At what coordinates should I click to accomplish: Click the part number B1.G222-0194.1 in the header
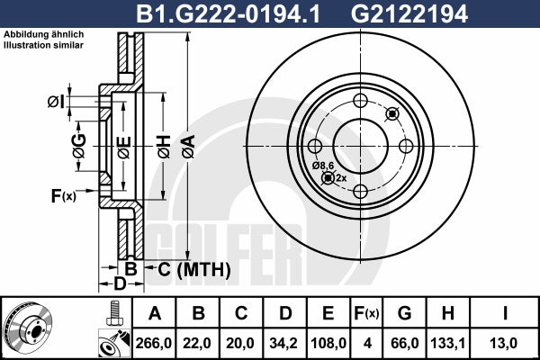(x=229, y=14)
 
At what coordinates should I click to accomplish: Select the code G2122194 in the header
(x=409, y=14)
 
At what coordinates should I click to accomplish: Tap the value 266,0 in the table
(x=154, y=343)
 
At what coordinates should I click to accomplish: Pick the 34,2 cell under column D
(x=284, y=343)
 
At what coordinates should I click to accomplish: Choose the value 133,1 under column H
(x=447, y=343)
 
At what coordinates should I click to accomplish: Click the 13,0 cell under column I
(x=505, y=343)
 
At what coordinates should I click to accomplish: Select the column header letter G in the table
(x=404, y=313)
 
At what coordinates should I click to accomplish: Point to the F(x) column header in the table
(x=366, y=313)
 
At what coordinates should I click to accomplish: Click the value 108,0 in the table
(x=328, y=343)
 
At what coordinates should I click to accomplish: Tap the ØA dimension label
(x=189, y=147)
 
